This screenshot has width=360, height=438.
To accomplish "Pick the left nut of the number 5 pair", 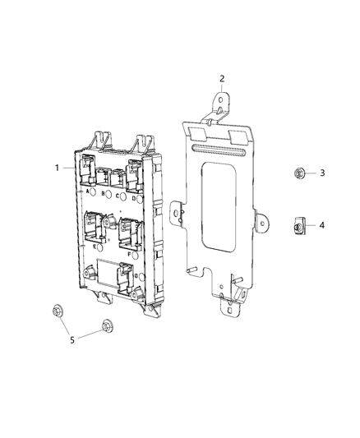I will point(57,311).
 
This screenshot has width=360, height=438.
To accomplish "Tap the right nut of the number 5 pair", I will point(106,327).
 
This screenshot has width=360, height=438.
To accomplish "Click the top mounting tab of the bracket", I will point(220,103).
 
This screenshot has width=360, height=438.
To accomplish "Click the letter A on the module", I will point(87,191).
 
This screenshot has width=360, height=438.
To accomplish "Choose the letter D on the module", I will point(134,198).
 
